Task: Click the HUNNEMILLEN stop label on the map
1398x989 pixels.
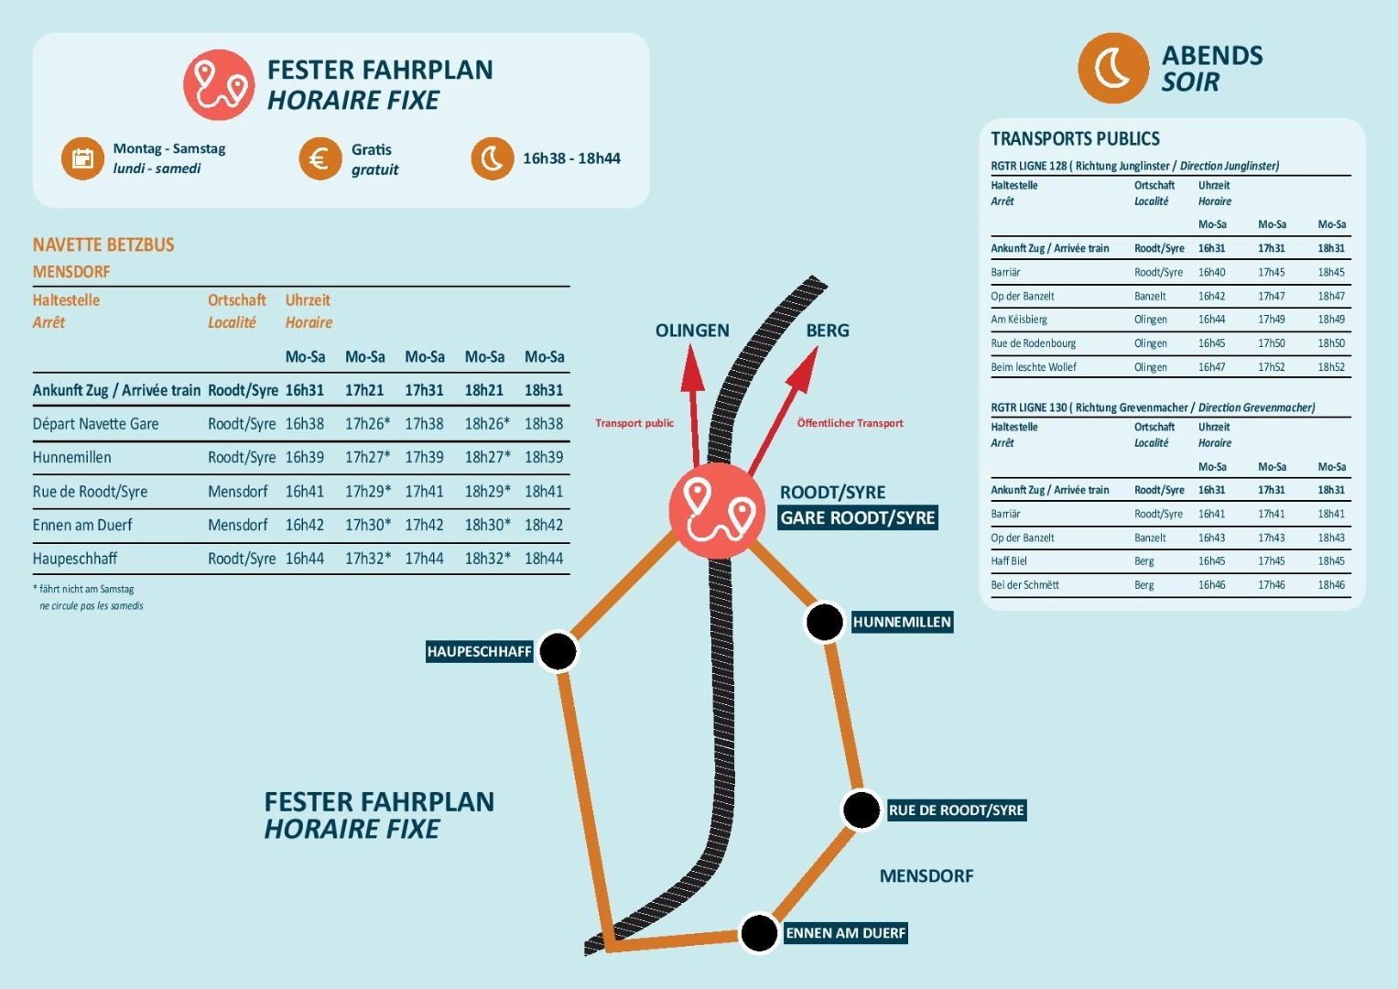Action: pyautogui.click(x=902, y=623)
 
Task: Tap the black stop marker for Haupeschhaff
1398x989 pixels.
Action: pyautogui.click(x=558, y=652)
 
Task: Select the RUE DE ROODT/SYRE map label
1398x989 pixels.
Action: pyautogui.click(x=956, y=810)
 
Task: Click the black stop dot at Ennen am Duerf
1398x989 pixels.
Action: pyautogui.click(x=759, y=933)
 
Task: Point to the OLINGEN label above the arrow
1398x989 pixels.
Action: pyautogui.click(x=692, y=331)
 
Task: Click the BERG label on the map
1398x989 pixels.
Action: pyautogui.click(x=828, y=331)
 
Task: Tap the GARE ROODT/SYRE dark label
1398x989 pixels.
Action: pyautogui.click(x=857, y=518)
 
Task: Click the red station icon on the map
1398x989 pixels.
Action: pyautogui.click(x=717, y=511)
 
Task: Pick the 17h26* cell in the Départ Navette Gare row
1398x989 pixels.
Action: pyautogui.click(x=367, y=424)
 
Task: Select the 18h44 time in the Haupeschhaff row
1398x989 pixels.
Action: pyautogui.click(x=544, y=559)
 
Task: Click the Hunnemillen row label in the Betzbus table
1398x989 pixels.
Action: pyautogui.click(x=72, y=458)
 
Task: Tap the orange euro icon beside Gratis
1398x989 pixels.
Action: pyautogui.click(x=320, y=158)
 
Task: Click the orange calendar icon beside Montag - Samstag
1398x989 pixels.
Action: pyautogui.click(x=82, y=158)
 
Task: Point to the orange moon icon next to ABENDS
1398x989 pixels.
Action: pyautogui.click(x=1113, y=69)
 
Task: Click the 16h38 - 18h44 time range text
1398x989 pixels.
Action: pyautogui.click(x=571, y=158)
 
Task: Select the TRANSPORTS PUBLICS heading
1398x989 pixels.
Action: pyautogui.click(x=1075, y=139)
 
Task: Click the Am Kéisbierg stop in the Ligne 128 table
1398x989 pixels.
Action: pyautogui.click(x=1019, y=320)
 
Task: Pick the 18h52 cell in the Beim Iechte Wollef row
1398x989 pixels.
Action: pyautogui.click(x=1331, y=367)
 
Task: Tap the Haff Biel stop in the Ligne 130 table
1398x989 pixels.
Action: pyautogui.click(x=1009, y=561)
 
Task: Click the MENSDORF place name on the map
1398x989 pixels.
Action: pyautogui.click(x=927, y=876)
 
